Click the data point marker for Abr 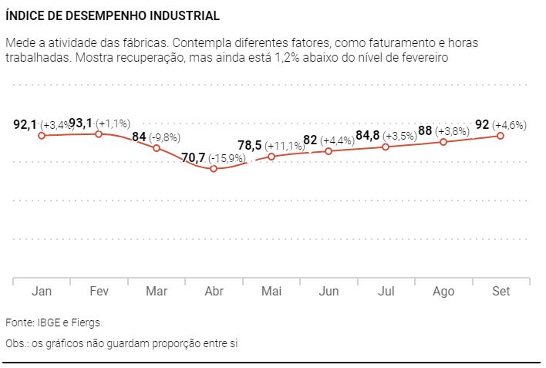tap(214, 168)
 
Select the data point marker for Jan tap(42, 135)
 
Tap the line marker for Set tap(501, 135)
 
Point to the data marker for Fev tap(99, 134)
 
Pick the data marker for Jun tap(329, 150)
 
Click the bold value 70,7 tap(193, 157)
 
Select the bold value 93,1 tap(81, 123)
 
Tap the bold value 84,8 tap(367, 136)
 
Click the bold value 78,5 tap(249, 145)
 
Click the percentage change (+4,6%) tap(511, 124)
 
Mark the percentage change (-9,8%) tap(165, 137)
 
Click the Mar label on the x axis tap(156, 291)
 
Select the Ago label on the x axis tap(443, 291)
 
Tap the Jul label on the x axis tap(386, 291)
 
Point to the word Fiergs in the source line tap(86, 322)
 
